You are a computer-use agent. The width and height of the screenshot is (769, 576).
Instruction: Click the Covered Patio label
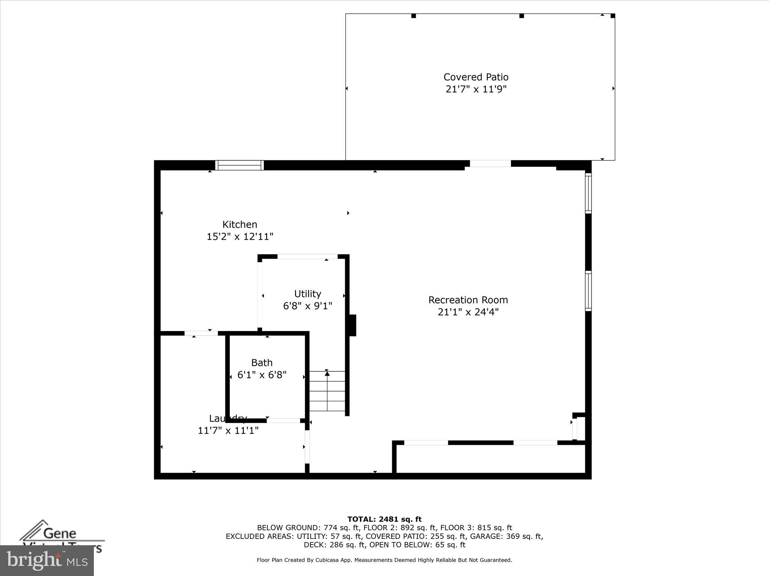click(476, 77)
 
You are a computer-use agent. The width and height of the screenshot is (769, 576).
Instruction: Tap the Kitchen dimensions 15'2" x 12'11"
click(240, 237)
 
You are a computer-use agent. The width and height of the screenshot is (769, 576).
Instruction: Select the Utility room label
click(308, 294)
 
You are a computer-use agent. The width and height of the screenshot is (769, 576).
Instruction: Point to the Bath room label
click(262, 363)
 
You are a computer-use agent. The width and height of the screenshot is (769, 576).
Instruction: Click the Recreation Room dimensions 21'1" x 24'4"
click(468, 312)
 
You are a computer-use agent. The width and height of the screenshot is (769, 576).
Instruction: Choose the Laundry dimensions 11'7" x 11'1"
click(228, 430)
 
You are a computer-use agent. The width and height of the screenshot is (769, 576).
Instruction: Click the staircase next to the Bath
click(327, 391)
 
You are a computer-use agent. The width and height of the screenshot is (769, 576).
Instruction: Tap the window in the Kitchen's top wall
click(240, 165)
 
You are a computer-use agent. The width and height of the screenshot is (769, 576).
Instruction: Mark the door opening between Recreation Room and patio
click(490, 163)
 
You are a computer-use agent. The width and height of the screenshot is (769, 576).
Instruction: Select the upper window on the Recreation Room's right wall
click(588, 193)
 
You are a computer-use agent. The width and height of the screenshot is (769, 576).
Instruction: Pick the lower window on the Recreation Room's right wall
click(588, 291)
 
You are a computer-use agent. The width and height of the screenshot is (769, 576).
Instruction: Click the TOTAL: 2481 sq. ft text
click(384, 519)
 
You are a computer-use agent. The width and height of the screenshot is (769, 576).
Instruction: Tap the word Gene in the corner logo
click(60, 533)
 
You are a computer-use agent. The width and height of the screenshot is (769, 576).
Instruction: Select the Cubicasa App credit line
click(384, 560)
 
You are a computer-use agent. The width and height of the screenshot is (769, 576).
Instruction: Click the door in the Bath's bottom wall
click(283, 421)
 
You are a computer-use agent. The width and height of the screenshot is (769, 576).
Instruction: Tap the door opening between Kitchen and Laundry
click(201, 333)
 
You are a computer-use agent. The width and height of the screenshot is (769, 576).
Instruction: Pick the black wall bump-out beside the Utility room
click(353, 325)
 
